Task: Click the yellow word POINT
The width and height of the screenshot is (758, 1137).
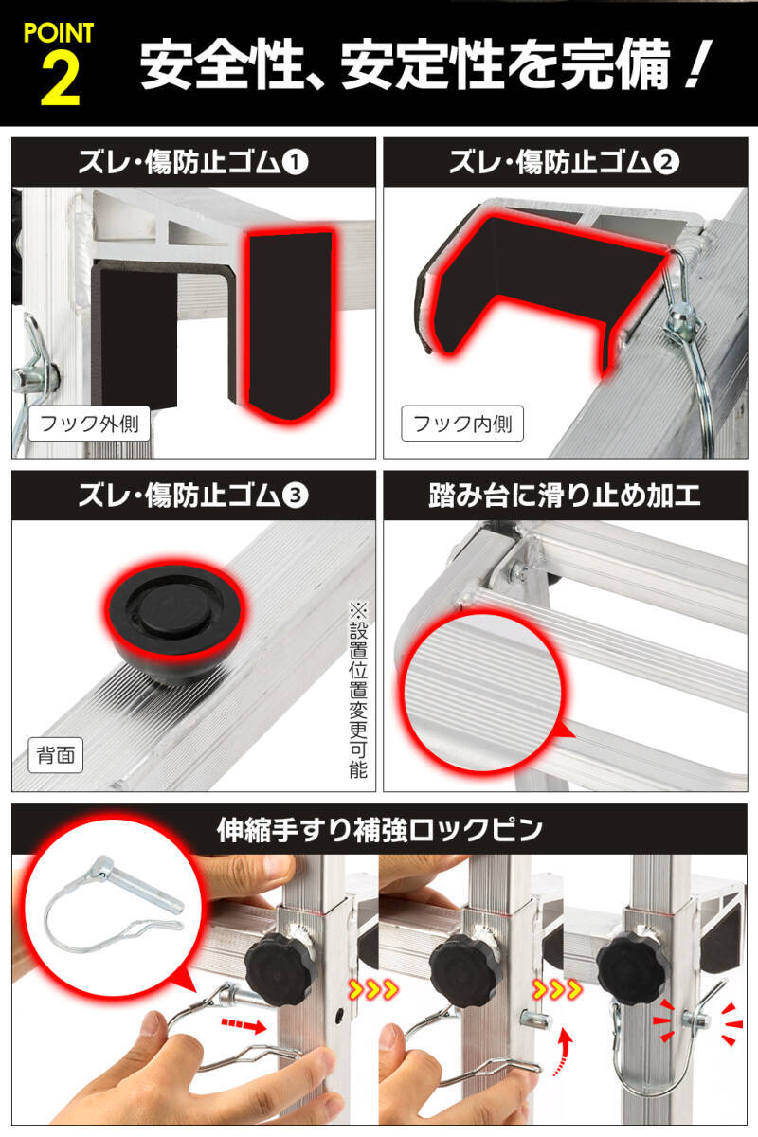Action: (59, 32)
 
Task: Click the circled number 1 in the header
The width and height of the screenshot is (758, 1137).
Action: (297, 162)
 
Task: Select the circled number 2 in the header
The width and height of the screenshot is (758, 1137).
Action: (668, 162)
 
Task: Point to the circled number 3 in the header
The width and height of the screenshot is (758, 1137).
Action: (297, 494)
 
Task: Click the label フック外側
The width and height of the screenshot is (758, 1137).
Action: (89, 423)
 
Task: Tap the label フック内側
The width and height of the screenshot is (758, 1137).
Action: (462, 423)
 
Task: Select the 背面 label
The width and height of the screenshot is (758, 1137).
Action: (54, 755)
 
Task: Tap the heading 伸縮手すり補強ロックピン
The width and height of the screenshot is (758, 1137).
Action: (379, 829)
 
